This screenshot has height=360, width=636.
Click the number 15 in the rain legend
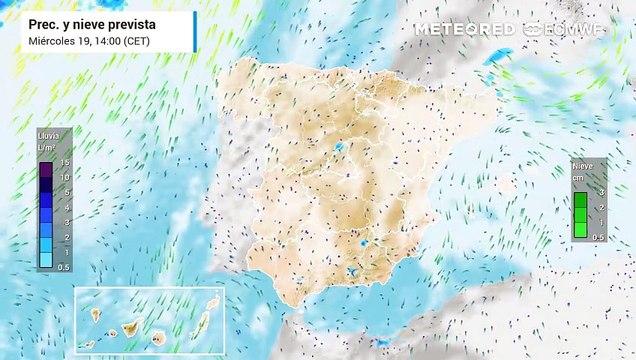(64, 162)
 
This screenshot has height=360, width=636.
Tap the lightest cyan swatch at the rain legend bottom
(47, 258)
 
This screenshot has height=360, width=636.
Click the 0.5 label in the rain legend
(64, 267)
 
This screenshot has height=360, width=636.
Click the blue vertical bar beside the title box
(194, 30)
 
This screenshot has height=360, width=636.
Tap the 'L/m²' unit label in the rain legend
(45, 146)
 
